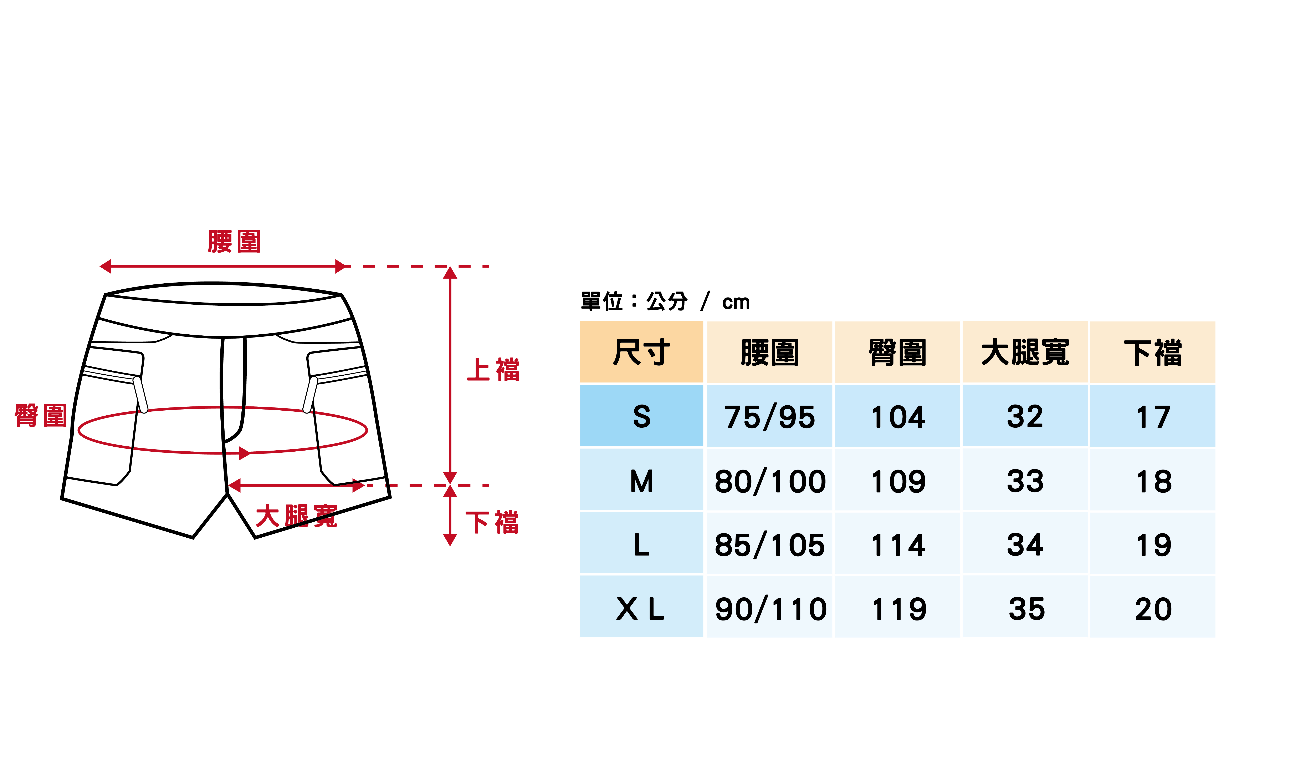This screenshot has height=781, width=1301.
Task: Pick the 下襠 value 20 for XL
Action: coord(1153,609)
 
